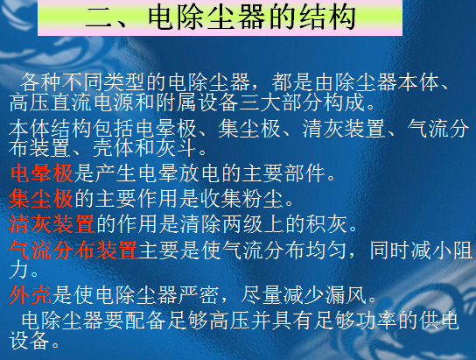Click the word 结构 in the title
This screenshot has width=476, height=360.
pos(328,18)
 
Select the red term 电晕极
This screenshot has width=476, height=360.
pos(42,173)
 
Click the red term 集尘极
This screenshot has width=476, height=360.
pos(41,199)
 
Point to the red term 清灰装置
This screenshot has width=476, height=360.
pos(52,224)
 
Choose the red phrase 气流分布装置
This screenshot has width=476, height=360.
pos(73,250)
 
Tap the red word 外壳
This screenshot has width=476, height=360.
pos(31,295)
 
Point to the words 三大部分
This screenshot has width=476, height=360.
pos(281,102)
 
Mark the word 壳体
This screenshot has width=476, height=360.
pos(113,148)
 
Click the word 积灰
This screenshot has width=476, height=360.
pos(326,224)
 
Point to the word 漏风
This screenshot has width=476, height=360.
pos(346,295)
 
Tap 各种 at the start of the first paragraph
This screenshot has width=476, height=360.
pos(41,82)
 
